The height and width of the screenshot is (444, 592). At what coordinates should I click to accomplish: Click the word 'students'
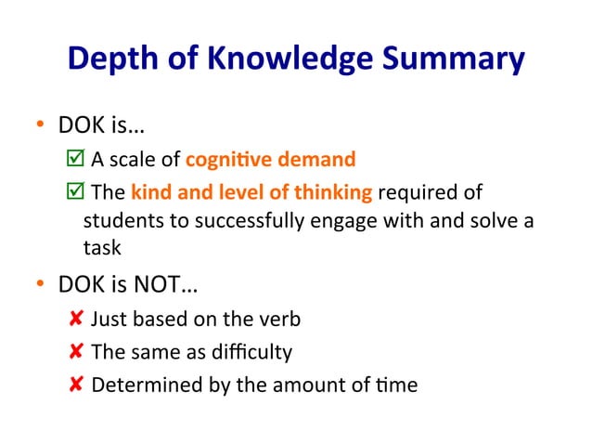pos(118,221)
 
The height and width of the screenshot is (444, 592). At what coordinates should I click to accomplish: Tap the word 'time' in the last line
pos(399,384)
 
